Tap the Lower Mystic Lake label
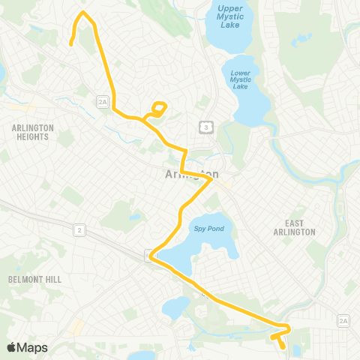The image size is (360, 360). (x=241, y=79)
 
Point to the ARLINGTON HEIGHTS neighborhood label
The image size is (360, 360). (x=33, y=132)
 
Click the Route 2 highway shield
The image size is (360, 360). (x=79, y=230)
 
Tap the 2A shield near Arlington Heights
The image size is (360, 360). (x=102, y=100)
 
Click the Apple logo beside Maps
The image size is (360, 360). (x=12, y=347)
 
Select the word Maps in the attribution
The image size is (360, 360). (x=32, y=347)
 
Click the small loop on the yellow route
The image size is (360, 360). (x=158, y=109)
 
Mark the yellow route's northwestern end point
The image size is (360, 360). (x=70, y=44)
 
